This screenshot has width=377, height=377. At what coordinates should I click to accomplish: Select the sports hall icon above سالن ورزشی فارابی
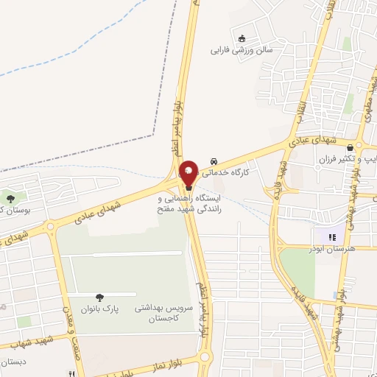pos(241,38)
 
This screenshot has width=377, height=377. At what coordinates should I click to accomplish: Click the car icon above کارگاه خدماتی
pos(214,161)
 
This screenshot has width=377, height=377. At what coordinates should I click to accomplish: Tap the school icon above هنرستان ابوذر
pos(332,236)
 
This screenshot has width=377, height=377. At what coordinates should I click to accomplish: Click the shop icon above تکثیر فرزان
pos(348,147)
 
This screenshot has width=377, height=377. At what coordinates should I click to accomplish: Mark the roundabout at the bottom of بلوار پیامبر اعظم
pos(205,359)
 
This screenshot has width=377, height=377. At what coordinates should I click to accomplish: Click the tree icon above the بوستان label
pos(10,197)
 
